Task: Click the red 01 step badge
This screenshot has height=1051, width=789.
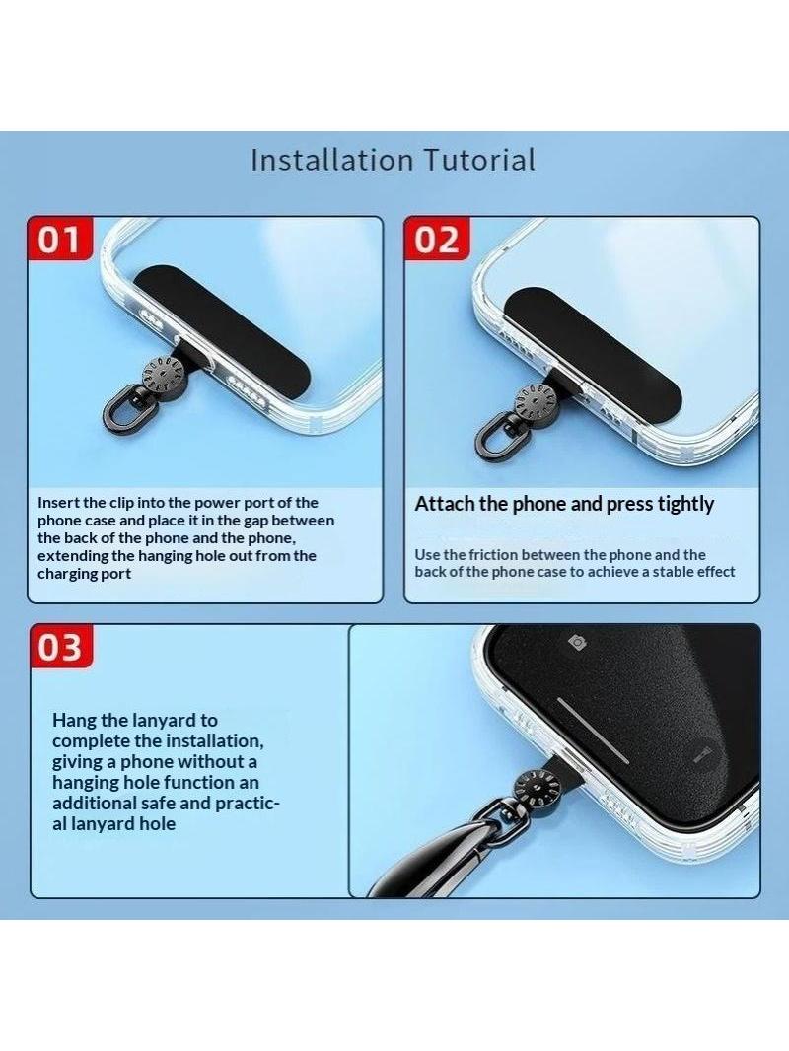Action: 59,238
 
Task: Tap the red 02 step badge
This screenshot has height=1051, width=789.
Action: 436,238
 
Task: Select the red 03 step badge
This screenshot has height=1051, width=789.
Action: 61,646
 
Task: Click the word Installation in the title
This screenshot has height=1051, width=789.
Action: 331,160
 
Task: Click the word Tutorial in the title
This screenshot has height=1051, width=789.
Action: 479,160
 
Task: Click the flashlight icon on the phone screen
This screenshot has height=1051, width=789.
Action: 701,753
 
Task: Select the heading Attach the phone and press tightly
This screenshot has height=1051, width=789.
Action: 564,504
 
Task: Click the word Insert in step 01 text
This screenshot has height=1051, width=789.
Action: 58,503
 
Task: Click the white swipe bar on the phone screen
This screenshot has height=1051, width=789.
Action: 594,731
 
